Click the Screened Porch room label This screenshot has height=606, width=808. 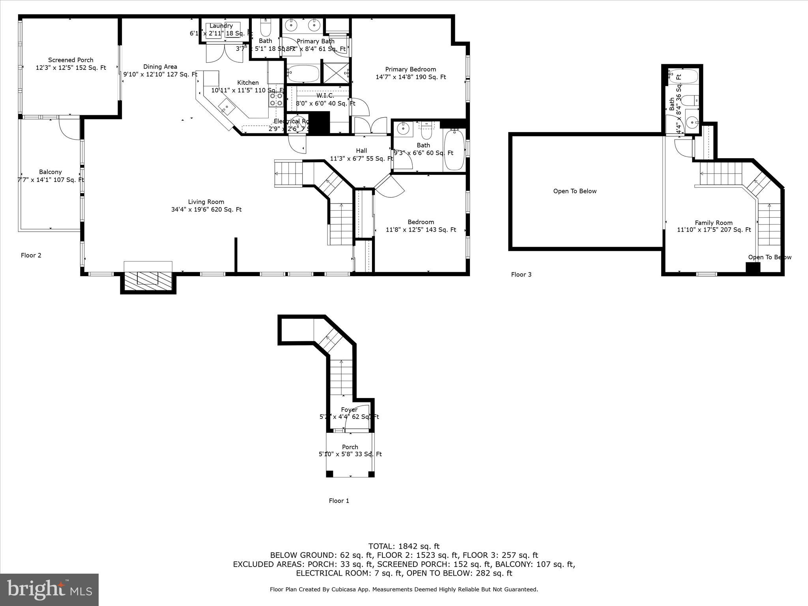(71, 60)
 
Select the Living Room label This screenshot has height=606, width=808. (206, 202)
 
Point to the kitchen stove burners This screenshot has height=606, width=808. (276, 99)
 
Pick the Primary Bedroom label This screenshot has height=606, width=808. (410, 69)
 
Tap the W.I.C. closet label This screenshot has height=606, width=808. (325, 96)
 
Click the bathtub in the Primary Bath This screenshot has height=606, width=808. (303, 74)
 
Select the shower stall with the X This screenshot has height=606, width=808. (336, 73)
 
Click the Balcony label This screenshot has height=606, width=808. (50, 172)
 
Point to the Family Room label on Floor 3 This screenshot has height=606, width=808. (713, 223)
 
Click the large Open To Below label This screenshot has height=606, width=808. (574, 191)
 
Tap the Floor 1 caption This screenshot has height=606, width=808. (339, 501)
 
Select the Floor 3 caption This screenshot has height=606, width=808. (521, 275)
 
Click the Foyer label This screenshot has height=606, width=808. (349, 410)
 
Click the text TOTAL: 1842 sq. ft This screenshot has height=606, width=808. (404, 546)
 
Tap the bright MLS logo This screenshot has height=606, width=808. (49, 589)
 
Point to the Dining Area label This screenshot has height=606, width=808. (160, 67)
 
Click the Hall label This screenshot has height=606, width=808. (361, 151)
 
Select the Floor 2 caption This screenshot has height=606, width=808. (31, 255)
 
